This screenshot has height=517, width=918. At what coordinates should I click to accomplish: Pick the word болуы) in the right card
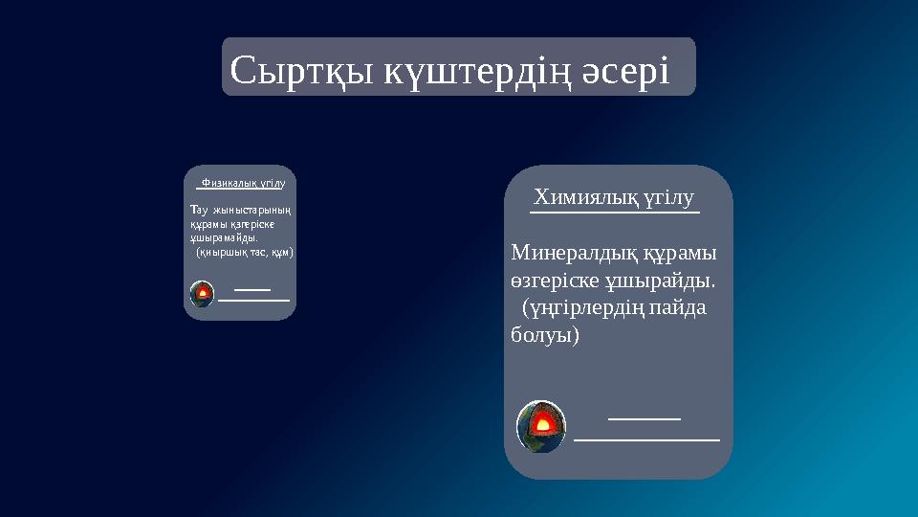(545, 337)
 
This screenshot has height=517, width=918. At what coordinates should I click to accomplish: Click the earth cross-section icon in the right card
(541, 426)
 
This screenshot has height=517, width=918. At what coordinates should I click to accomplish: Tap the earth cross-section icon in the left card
(202, 294)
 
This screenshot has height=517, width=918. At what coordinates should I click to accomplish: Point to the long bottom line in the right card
(646, 439)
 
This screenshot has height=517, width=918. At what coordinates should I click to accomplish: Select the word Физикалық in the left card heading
(226, 181)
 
